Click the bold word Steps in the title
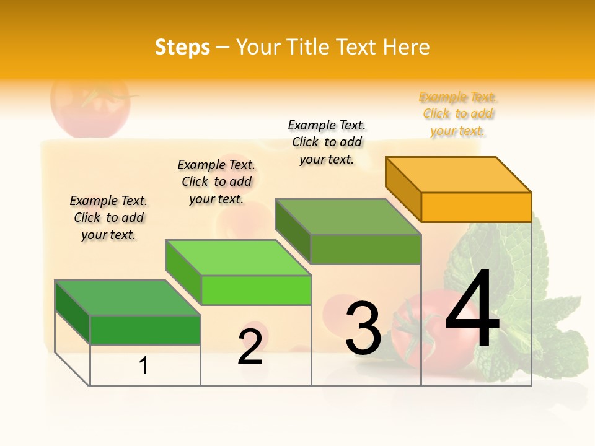[x=182, y=47]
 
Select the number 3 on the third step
[x=363, y=328]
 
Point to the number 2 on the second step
[x=250, y=347]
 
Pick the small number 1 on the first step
[x=144, y=366]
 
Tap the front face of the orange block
[x=476, y=207]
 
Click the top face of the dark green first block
[x=128, y=298]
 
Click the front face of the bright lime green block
[x=256, y=290]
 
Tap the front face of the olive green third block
[x=366, y=249]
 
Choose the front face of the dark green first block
[x=145, y=330]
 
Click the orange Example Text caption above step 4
[x=458, y=114]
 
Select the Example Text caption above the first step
[x=108, y=217]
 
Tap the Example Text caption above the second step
[x=216, y=181]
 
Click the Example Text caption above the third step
[x=327, y=142]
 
